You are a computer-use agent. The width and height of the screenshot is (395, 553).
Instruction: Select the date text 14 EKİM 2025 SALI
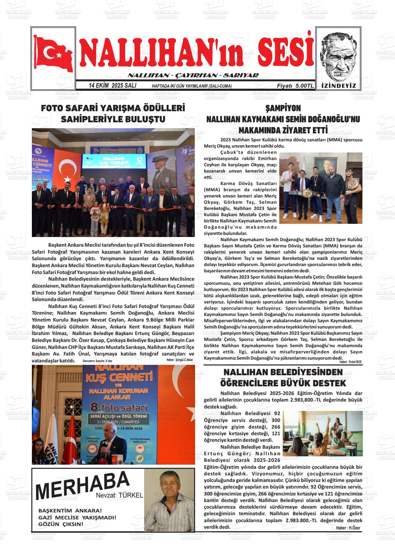click(112, 86)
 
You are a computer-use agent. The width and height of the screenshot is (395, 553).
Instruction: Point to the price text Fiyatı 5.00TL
click(295, 86)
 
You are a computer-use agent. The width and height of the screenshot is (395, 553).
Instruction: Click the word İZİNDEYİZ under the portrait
click(339, 86)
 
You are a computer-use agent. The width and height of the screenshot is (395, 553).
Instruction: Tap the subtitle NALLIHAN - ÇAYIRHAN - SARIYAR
click(193, 76)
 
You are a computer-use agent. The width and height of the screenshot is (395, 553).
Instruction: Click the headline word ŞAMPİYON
click(283, 108)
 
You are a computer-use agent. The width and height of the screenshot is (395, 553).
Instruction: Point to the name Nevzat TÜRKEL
click(120, 495)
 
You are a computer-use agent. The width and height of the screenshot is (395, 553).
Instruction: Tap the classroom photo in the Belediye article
click(323, 433)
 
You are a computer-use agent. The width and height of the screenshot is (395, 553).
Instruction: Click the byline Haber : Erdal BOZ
click(350, 362)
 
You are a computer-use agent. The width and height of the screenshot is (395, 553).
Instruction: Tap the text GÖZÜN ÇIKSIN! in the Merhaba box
click(61, 524)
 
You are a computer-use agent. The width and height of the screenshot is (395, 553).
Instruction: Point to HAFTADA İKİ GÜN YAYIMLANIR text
click(192, 86)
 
